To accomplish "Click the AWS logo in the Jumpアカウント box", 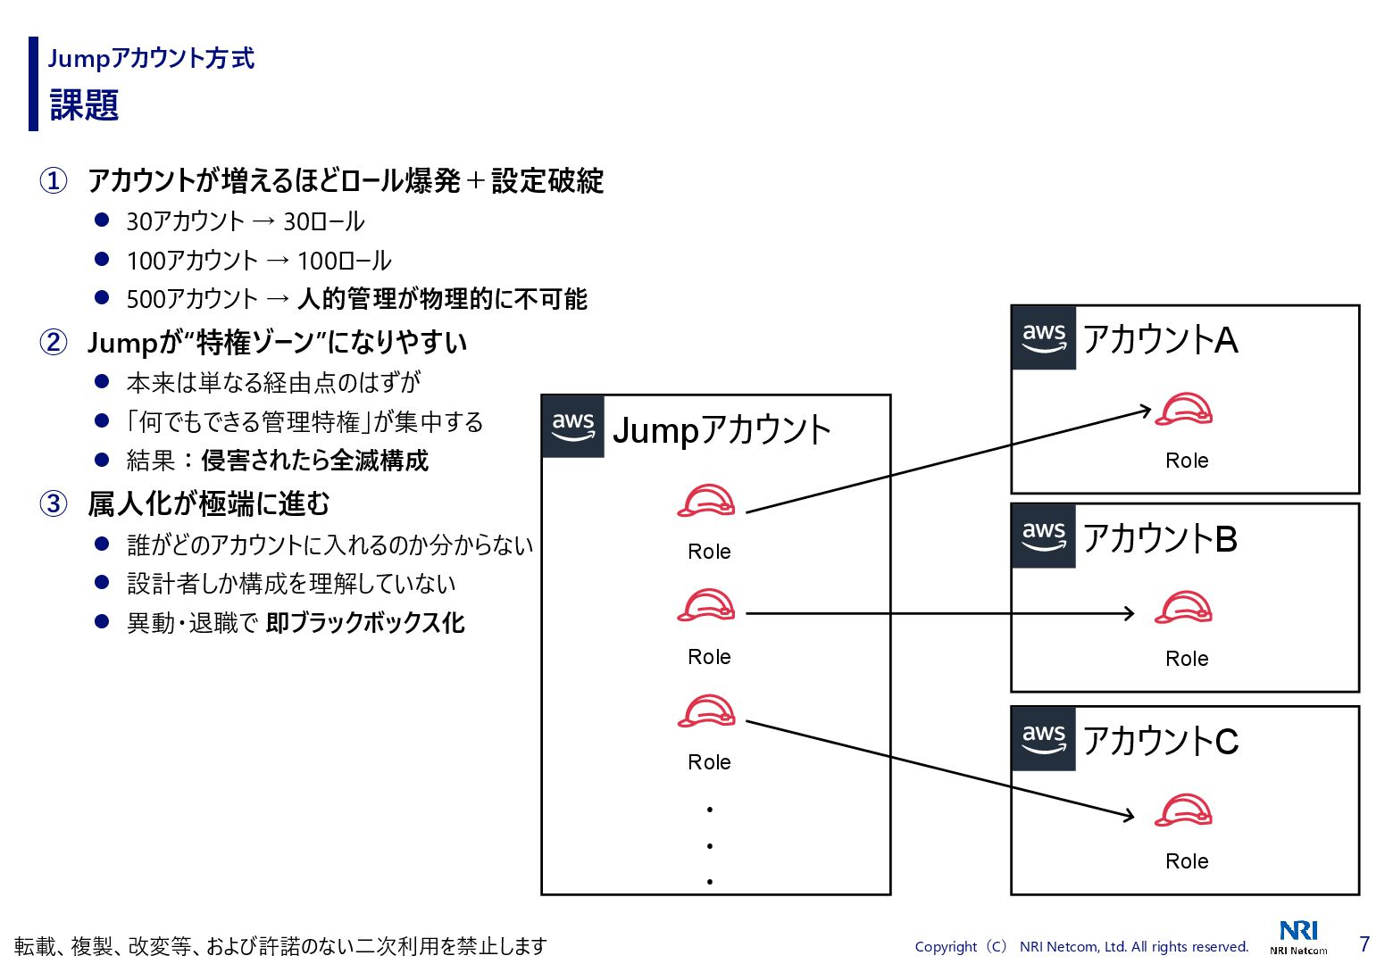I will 573,427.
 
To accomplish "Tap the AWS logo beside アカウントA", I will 1044,337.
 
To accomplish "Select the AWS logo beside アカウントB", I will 1044,536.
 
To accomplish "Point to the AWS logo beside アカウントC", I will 1044,738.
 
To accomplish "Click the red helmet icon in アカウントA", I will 1184,410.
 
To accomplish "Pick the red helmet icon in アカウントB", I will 1184,608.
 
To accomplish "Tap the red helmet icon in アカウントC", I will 1184,810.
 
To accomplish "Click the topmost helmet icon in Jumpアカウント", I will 706,501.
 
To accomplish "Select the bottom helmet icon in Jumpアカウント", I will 706,711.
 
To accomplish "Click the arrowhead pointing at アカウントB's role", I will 1130,613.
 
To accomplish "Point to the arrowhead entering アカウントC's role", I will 1129,815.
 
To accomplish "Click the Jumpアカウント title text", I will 722,430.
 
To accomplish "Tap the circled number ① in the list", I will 54,180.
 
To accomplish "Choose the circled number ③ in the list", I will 54,503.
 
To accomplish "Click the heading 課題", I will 85,104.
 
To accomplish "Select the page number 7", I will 1364,943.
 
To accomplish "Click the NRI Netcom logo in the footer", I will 1298,936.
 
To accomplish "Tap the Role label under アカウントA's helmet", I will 1187,461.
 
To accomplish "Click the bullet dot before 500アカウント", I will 102,297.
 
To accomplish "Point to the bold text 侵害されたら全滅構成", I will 315,461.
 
